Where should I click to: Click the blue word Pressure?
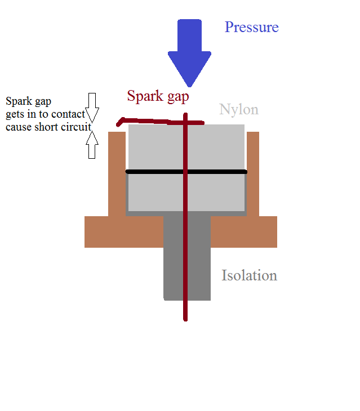[x=251, y=27]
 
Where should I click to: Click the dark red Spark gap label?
[x=158, y=96]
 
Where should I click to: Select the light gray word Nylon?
[x=239, y=109]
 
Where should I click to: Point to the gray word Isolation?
[x=249, y=276]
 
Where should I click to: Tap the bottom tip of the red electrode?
[x=185, y=319]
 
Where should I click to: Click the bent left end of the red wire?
[x=120, y=122]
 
